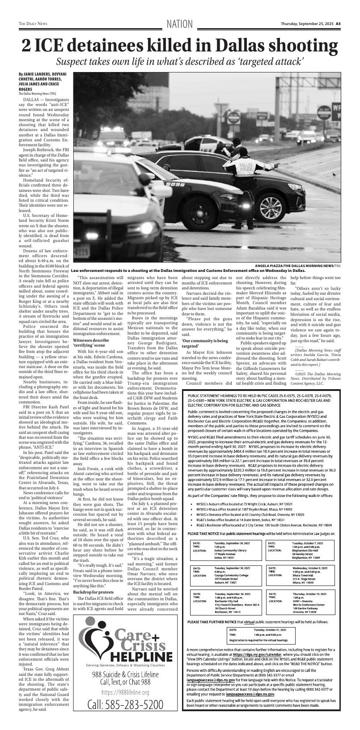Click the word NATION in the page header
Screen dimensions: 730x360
180,24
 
